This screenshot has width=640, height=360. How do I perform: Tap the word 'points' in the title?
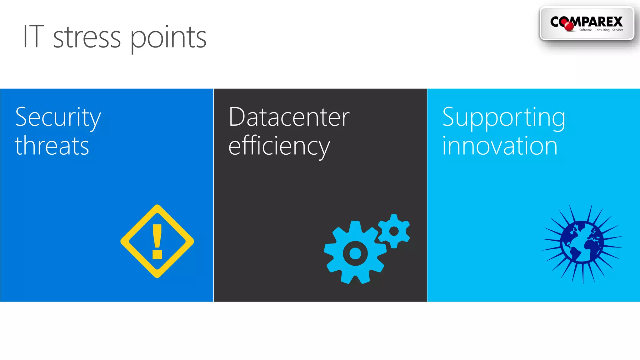click(168, 38)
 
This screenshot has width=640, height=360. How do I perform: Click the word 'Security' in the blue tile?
click(58, 117)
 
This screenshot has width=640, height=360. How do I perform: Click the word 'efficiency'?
click(279, 146)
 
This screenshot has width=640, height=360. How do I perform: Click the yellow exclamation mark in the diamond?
click(157, 241)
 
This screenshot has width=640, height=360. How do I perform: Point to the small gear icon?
click(394, 231)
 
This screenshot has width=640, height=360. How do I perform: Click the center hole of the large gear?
click(355, 253)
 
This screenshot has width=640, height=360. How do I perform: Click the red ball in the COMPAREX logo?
click(569, 26)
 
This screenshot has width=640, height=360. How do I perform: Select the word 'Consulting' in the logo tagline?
click(602, 30)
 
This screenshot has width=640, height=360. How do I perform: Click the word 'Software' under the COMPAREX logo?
click(585, 30)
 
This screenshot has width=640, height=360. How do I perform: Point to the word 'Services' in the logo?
click(617, 30)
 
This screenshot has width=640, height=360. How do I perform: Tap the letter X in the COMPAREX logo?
click(617, 22)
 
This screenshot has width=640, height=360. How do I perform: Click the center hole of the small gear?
click(394, 231)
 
